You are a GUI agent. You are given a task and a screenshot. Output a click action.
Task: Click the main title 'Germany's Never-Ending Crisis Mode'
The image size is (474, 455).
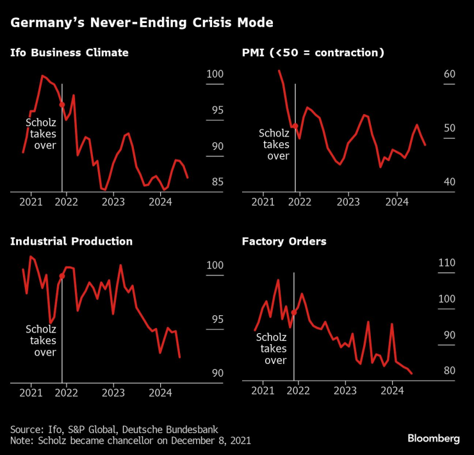(142, 23)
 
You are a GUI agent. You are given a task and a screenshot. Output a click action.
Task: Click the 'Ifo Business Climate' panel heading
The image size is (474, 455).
(69, 53)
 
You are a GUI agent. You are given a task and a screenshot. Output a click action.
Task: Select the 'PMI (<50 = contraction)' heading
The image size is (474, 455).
(313, 53)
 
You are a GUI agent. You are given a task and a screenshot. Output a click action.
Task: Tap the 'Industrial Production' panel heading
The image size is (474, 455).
(71, 242)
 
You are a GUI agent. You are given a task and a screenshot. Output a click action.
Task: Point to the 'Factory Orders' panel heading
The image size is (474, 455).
(284, 242)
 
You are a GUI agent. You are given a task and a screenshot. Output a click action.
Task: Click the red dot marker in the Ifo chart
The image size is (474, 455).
(62, 104)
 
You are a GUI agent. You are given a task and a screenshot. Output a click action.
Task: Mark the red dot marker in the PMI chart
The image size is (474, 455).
(295, 126)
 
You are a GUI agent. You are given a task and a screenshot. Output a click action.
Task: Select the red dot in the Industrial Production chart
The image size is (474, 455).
(62, 276)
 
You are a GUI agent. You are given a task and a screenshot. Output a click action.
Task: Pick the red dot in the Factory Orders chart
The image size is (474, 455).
(294, 312)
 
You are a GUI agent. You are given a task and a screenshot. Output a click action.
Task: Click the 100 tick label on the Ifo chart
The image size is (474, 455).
(215, 74)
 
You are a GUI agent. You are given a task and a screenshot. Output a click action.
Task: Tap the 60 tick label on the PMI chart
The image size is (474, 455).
(449, 74)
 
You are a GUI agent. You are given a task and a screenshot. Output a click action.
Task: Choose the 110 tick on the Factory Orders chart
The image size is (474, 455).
(446, 263)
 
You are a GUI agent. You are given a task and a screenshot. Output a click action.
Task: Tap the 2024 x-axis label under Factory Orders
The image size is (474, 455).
(392, 390)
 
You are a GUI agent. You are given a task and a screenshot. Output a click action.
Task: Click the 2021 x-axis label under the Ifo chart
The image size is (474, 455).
(31, 202)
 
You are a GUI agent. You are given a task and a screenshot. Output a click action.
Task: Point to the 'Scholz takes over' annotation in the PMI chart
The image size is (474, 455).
(274, 144)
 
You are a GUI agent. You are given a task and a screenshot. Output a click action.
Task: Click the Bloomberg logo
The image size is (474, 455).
(434, 438)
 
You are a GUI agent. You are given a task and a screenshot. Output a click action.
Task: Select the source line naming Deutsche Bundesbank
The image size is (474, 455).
(114, 429)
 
